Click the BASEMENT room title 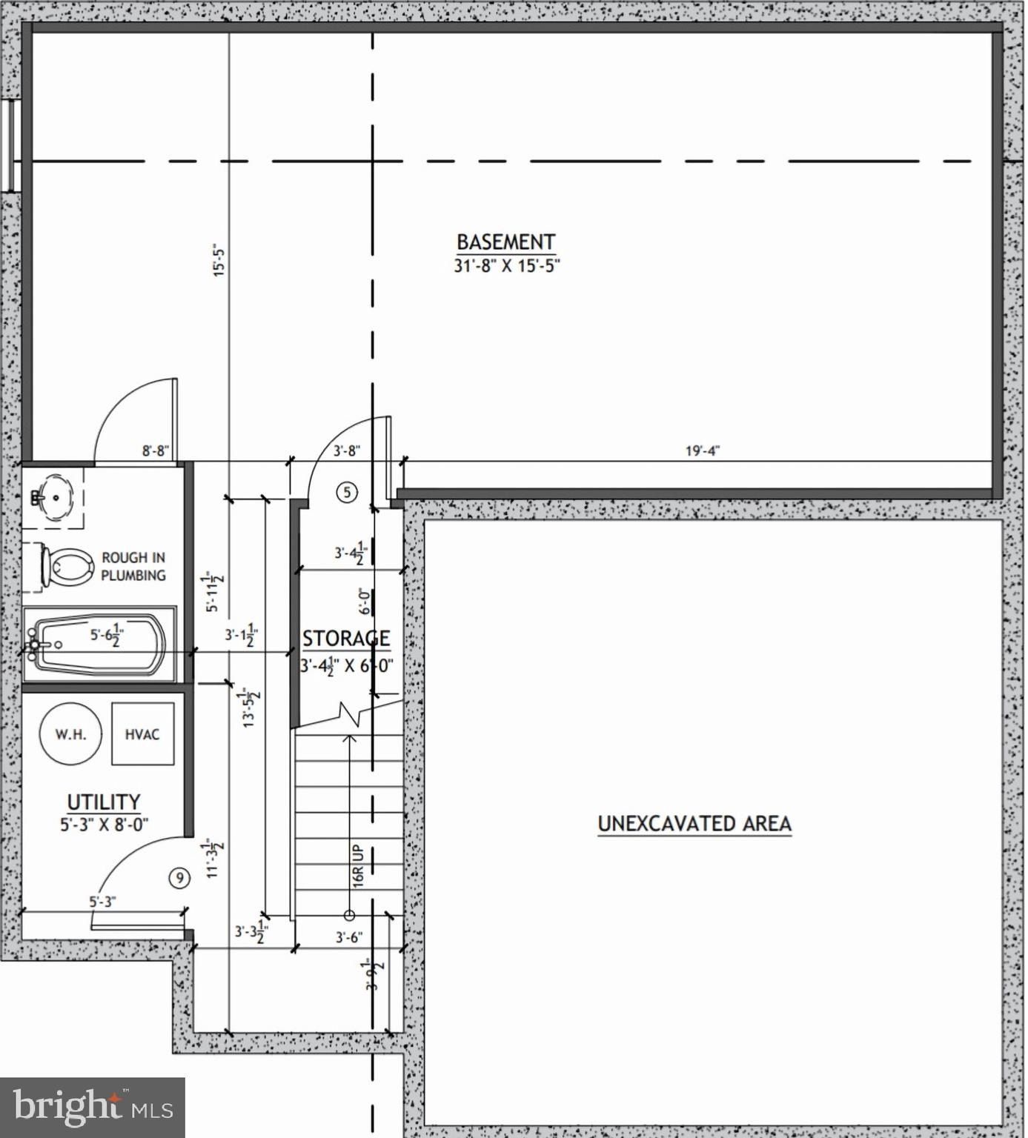(x=505, y=242)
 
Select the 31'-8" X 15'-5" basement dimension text (x=506, y=266)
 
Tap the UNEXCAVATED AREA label (x=694, y=824)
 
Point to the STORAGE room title (x=345, y=639)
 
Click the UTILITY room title (x=104, y=802)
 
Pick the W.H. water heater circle (x=70, y=734)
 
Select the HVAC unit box (x=142, y=734)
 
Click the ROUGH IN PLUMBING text (x=133, y=567)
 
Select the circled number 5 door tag (x=347, y=492)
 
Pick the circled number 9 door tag (x=179, y=878)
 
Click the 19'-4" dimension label (x=702, y=450)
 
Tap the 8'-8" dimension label (x=156, y=450)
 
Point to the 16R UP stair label (x=359, y=866)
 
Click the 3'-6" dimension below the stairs (x=348, y=937)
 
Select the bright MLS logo (x=93, y=1108)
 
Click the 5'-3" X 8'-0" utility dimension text (x=105, y=824)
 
